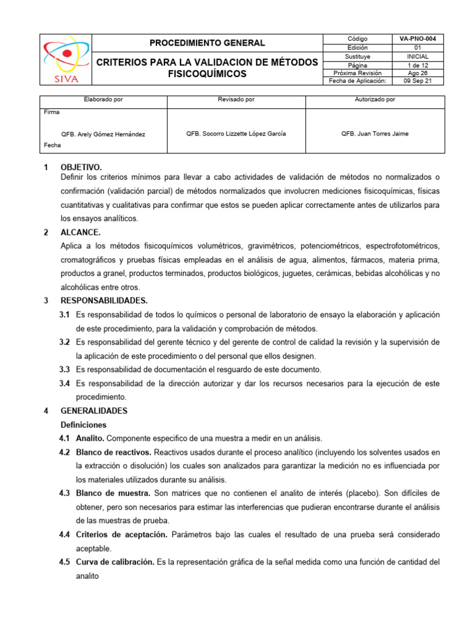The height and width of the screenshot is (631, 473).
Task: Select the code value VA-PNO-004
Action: [418, 39]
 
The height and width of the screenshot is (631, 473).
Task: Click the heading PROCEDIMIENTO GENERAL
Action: [208, 43]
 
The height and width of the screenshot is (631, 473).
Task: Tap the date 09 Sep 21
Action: [418, 81]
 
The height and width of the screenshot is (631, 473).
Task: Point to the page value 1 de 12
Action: [418, 64]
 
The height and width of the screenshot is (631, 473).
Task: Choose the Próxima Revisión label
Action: [357, 73]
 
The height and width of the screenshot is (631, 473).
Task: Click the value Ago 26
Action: [418, 73]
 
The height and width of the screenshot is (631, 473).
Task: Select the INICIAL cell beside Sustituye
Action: [418, 56]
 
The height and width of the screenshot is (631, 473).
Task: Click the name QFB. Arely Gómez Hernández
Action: [103, 134]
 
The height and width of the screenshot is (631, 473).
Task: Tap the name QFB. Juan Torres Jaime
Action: [374, 134]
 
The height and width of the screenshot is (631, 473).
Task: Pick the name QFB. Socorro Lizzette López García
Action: [236, 134]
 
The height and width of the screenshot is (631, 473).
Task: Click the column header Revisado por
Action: [236, 99]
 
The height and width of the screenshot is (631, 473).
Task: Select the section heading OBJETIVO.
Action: [81, 168]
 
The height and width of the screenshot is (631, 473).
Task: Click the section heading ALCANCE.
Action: [80, 232]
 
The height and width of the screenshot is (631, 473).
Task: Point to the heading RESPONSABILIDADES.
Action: [104, 301]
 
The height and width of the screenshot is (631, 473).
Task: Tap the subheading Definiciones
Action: [83, 425]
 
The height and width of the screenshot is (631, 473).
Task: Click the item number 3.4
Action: [64, 383]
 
